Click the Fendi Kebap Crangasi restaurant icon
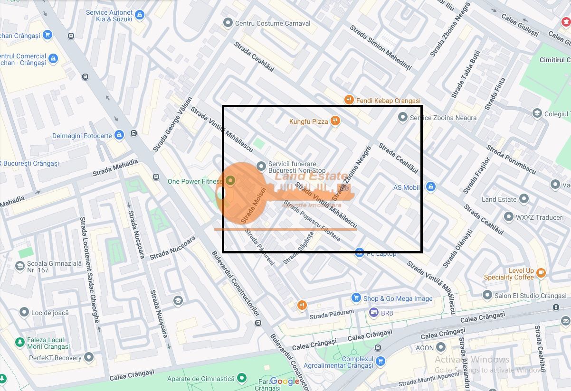[x=349, y=100]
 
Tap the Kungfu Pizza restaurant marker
[x=335, y=121]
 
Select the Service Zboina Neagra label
[x=443, y=118]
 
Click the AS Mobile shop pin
[x=430, y=187]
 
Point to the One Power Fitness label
[x=195, y=181]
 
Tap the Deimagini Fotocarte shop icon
[x=119, y=135]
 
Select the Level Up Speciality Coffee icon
[x=540, y=273]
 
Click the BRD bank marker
[x=373, y=313]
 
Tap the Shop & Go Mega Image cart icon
[x=356, y=298]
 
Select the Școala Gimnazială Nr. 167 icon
[x=20, y=266]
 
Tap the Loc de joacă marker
[x=24, y=312]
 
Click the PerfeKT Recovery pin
[x=88, y=357]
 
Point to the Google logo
[x=285, y=381]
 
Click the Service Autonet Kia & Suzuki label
[x=109, y=16]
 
